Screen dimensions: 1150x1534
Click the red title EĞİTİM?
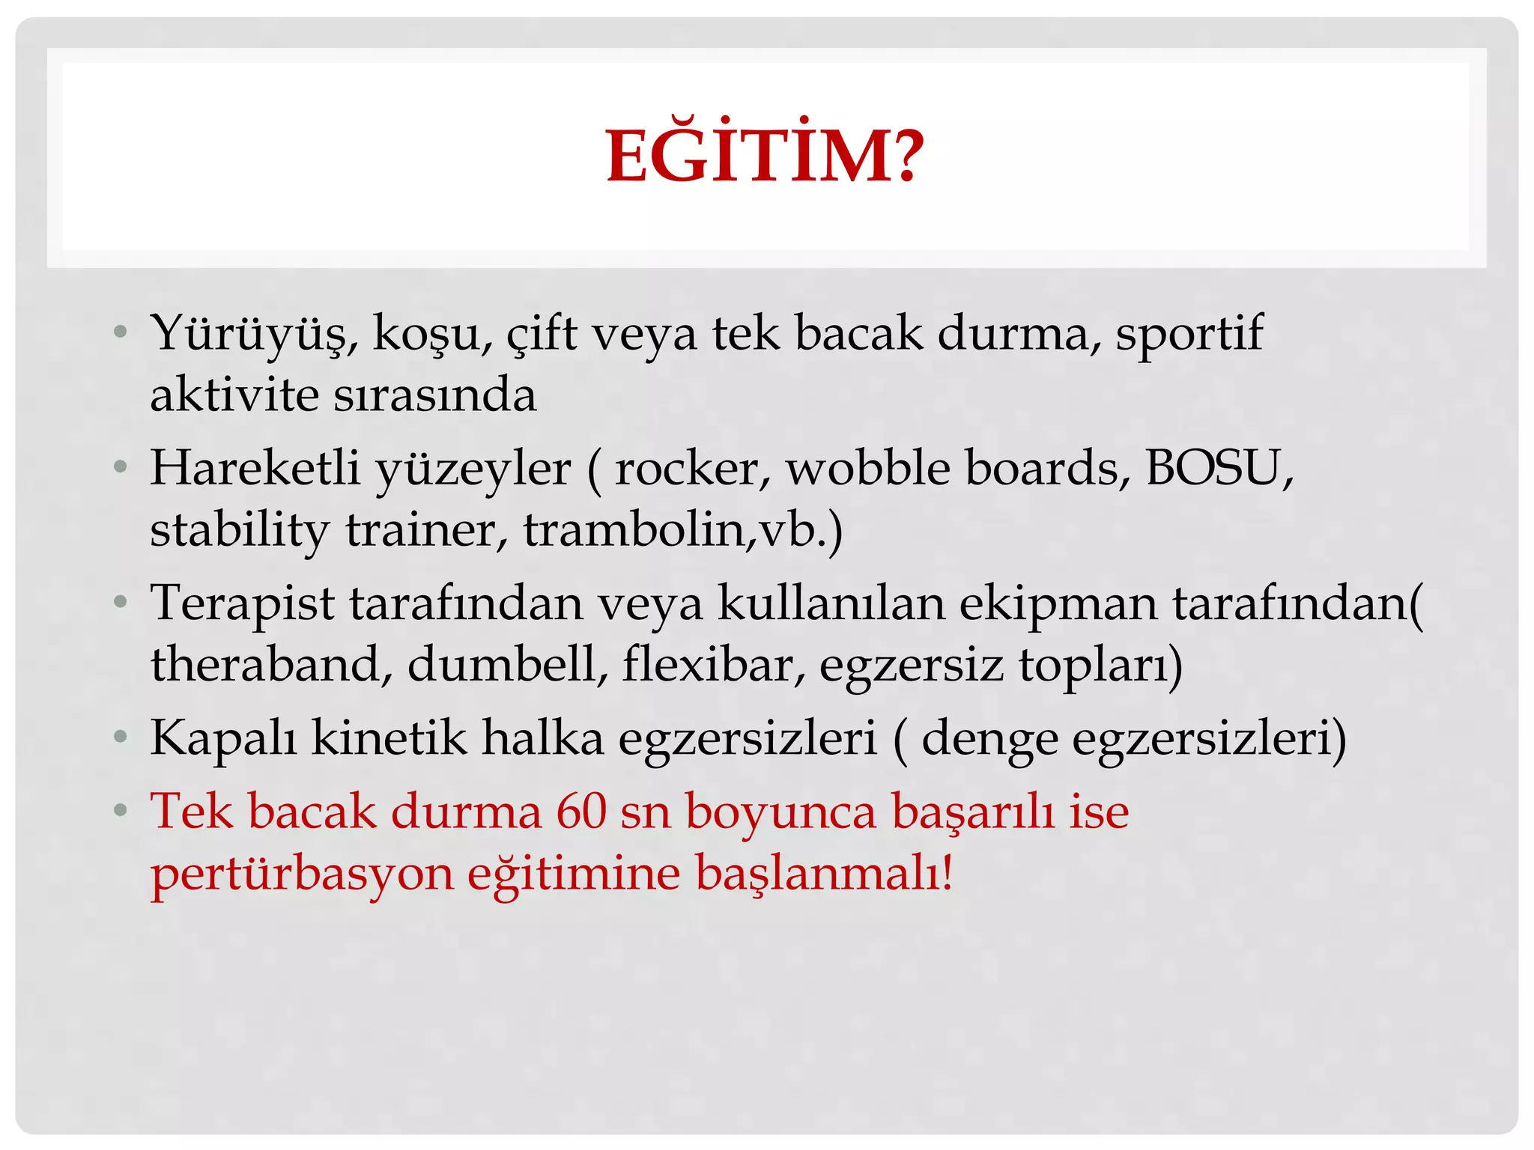pyautogui.click(x=766, y=156)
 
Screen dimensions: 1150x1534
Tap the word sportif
pyautogui.click(x=1189, y=334)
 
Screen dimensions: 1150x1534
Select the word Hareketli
pyautogui.click(x=255, y=469)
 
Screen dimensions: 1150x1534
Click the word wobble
pyautogui.click(x=867, y=469)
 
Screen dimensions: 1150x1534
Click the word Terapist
pyautogui.click(x=242, y=603)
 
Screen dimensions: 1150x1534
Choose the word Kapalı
pyautogui.click(x=223, y=739)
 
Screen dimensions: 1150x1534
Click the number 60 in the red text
pyautogui.click(x=581, y=812)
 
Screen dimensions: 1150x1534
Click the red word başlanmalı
pyautogui.click(x=824, y=873)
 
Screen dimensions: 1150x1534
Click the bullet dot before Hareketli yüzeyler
pyautogui.click(x=121, y=468)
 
